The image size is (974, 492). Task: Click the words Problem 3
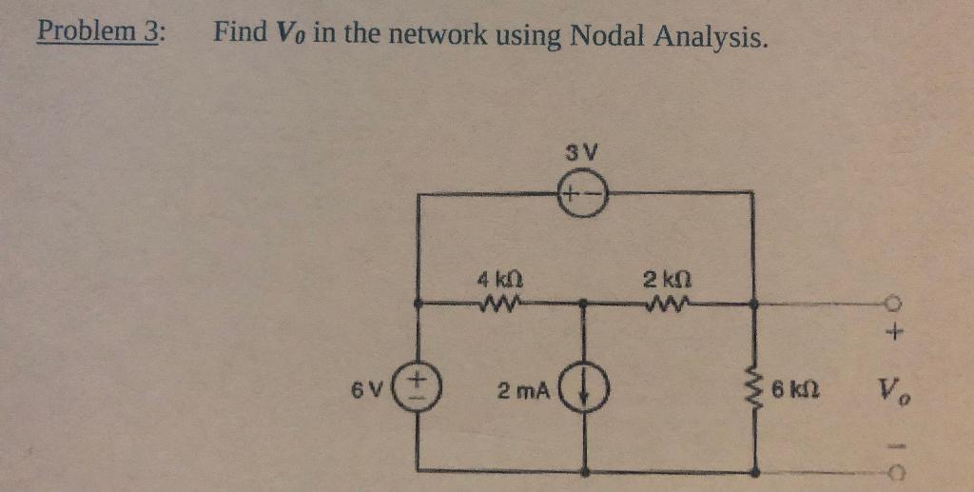(100, 32)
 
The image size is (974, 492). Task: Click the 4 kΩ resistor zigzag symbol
(500, 305)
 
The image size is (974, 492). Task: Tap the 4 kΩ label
(498, 282)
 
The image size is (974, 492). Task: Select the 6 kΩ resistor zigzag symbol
(755, 388)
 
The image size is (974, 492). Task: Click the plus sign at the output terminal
(895, 334)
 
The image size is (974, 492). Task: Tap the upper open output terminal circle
(895, 305)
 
